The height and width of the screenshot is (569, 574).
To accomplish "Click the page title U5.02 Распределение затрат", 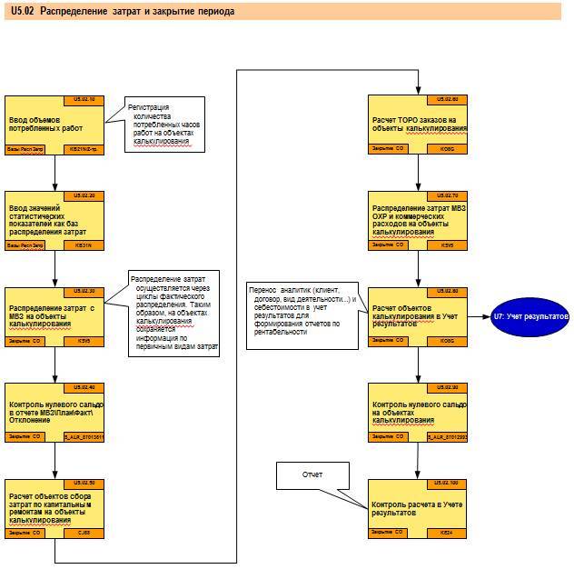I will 123,12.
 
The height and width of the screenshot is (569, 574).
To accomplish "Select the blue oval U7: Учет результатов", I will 531,316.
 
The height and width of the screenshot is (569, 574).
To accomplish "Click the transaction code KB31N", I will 84,245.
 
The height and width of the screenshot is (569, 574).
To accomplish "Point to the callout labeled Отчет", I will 312,474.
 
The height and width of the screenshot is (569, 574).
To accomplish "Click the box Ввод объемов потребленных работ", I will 55,124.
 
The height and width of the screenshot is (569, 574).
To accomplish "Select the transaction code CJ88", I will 84,532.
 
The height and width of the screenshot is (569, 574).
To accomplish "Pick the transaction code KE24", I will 447,532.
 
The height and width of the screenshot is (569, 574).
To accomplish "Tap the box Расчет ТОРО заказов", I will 419,124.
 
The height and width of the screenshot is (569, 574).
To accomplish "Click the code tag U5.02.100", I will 447,483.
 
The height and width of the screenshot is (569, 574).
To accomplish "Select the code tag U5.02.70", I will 447,195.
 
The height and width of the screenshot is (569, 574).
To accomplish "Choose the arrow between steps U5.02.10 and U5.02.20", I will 55,173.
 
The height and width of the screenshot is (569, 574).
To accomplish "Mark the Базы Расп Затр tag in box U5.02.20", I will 26,245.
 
